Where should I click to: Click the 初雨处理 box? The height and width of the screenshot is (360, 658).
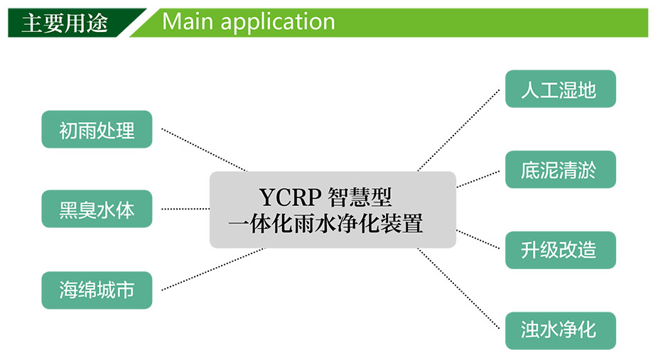(97, 129)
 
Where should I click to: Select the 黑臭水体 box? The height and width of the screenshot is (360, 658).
(97, 209)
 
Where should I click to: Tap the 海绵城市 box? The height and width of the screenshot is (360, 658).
(97, 290)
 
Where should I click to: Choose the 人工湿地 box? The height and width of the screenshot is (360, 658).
(561, 89)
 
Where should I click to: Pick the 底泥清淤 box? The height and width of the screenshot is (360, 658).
(561, 169)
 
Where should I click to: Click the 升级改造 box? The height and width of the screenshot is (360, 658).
(561, 250)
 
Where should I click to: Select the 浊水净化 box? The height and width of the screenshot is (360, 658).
(561, 330)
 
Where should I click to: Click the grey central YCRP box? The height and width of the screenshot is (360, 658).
(333, 209)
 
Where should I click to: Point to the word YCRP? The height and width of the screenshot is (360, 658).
(291, 197)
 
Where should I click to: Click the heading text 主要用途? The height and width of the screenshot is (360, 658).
(65, 23)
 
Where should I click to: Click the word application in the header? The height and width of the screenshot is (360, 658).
(278, 23)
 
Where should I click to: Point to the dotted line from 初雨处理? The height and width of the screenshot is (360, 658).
(205, 150)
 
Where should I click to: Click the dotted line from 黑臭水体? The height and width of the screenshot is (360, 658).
(185, 209)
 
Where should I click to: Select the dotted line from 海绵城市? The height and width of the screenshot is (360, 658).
(213, 269)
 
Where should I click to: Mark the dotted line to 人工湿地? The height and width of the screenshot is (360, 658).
(458, 130)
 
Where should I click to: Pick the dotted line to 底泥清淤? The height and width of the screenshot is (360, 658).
(478, 179)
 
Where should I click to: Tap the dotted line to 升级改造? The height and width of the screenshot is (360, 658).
(478, 239)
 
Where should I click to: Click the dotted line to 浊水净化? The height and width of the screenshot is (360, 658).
(458, 288)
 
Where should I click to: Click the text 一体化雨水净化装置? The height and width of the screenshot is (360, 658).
(325, 224)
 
